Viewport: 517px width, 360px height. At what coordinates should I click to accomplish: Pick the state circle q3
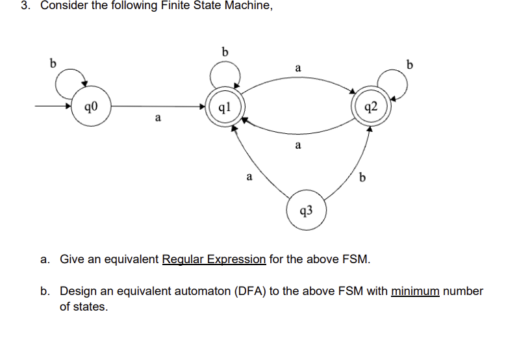pos(306,209)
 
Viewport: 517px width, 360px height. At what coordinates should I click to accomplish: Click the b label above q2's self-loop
pos(409,64)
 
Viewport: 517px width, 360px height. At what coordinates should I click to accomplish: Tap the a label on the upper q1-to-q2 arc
pos(297,68)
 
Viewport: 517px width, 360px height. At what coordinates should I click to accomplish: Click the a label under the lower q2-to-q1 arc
pos(297,146)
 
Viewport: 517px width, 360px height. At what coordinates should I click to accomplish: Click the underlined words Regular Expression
pos(214,259)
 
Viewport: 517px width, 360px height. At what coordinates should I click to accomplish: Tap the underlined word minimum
pos(416,290)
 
